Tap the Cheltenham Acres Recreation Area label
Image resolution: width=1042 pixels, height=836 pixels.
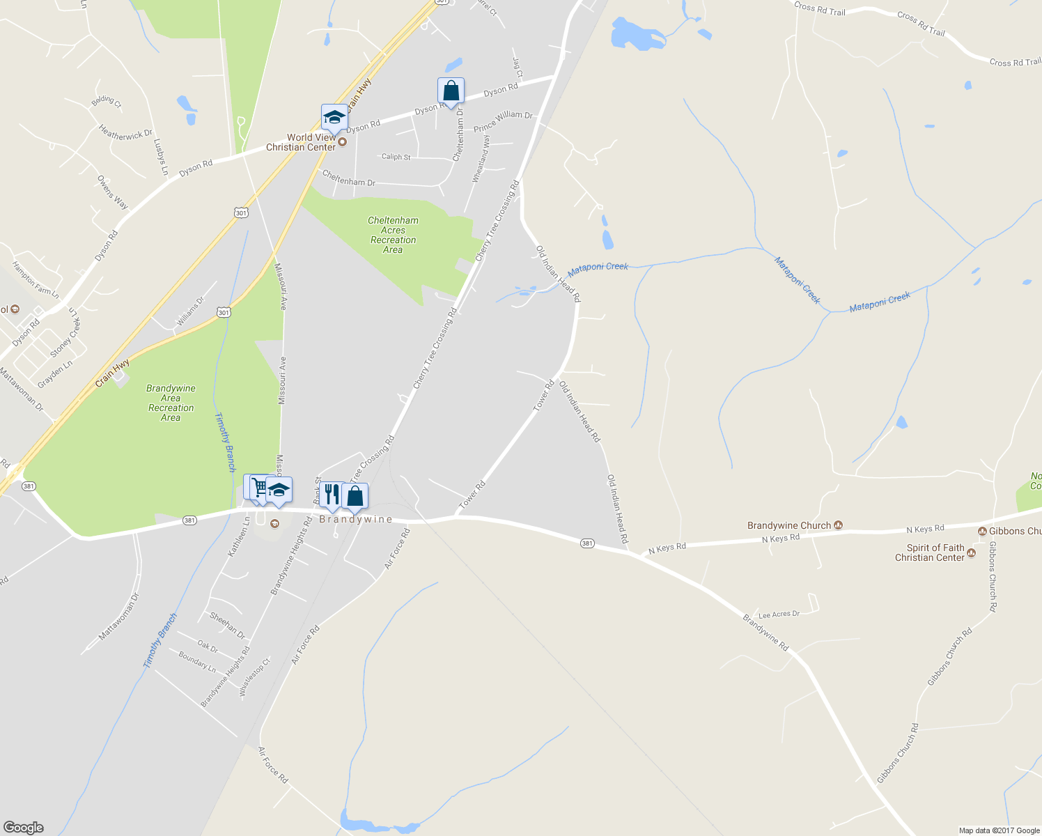(x=393, y=235)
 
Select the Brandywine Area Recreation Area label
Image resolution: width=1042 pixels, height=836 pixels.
(x=171, y=403)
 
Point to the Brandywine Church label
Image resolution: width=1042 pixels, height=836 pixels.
(x=789, y=525)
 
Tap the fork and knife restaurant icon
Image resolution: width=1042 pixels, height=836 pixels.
(x=332, y=495)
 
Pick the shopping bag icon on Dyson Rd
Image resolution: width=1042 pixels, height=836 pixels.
(x=451, y=91)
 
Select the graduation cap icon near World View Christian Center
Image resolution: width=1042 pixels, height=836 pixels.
(x=334, y=118)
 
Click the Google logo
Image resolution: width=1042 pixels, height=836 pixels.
(x=23, y=828)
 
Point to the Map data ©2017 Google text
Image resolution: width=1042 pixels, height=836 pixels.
(x=999, y=830)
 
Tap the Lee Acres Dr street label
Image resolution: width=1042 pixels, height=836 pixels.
(x=779, y=614)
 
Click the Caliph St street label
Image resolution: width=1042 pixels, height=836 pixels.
(x=396, y=157)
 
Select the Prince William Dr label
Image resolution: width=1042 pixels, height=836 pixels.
(x=503, y=122)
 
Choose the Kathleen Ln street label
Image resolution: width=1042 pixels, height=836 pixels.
(x=239, y=536)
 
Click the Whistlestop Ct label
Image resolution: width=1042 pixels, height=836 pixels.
(x=254, y=676)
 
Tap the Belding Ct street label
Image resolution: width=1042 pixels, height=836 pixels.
(x=106, y=101)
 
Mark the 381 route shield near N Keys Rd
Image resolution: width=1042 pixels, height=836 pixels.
(x=587, y=543)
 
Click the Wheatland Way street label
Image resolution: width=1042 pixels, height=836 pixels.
(x=481, y=160)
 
